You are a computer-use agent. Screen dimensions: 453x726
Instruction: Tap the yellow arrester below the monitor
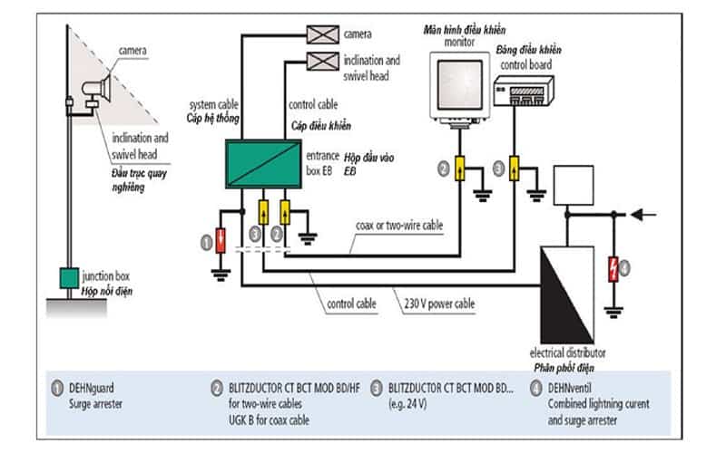[x=458, y=168]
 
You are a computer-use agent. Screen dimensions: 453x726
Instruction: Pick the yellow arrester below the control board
[x=515, y=168]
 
